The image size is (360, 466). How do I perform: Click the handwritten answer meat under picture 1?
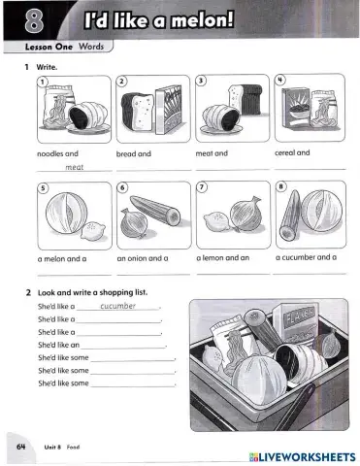point(75,167)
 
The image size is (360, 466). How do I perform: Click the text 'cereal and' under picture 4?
point(292,152)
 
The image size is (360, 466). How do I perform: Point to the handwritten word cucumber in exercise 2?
point(117,305)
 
